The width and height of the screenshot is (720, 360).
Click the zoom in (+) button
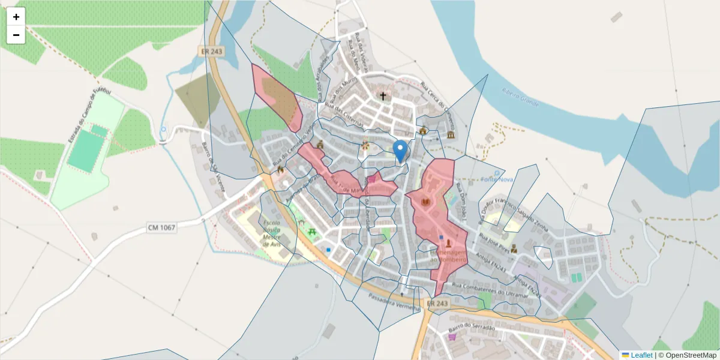(16, 17)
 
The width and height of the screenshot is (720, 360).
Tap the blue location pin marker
(400, 150)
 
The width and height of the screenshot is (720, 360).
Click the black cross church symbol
(383, 96)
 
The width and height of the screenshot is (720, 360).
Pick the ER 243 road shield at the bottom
(437, 304)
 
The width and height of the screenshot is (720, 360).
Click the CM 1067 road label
(161, 227)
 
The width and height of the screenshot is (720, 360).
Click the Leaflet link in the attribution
(641, 355)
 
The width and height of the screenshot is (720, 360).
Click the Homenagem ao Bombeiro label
(448, 256)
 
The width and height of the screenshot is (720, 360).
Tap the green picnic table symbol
(312, 231)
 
